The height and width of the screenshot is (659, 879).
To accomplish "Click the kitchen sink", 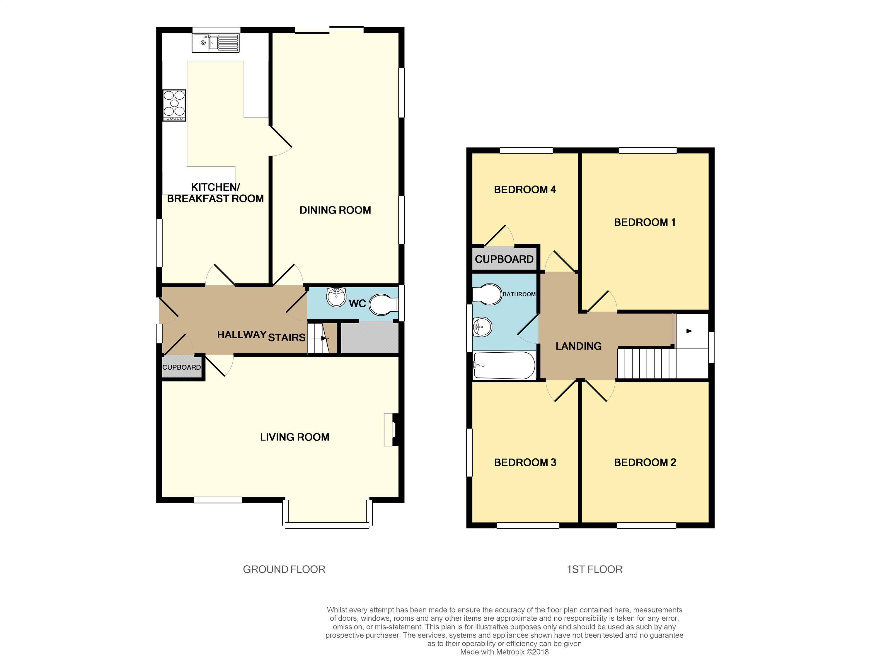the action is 216,43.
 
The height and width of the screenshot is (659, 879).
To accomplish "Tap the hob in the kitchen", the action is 174,105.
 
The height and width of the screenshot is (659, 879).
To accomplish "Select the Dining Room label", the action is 335,210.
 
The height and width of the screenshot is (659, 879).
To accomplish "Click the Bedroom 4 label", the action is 524,189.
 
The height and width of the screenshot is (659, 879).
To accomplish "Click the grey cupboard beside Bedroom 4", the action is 504,259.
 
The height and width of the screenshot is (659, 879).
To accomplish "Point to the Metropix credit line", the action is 504,652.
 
